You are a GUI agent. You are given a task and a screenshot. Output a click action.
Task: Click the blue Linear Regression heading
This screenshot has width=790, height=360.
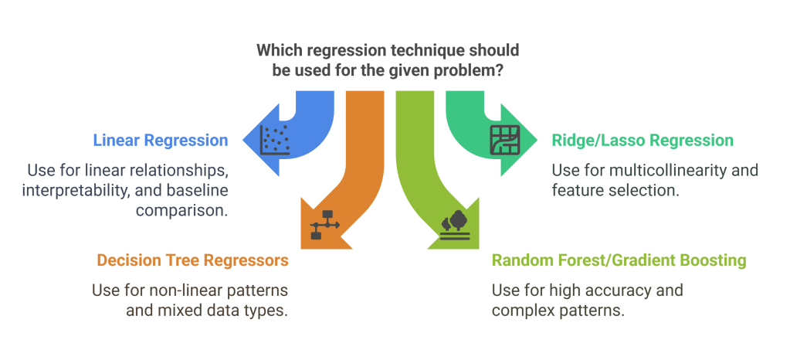click(x=160, y=141)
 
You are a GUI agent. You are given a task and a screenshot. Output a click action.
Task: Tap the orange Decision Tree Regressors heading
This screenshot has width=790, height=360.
click(x=192, y=260)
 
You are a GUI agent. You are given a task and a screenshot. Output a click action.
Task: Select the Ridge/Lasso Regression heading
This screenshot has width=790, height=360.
click(x=642, y=141)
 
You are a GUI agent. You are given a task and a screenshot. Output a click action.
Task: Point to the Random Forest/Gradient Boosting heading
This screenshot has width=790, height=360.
click(x=619, y=260)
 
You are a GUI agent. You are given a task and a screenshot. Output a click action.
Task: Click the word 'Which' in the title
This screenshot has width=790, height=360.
click(x=276, y=50)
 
